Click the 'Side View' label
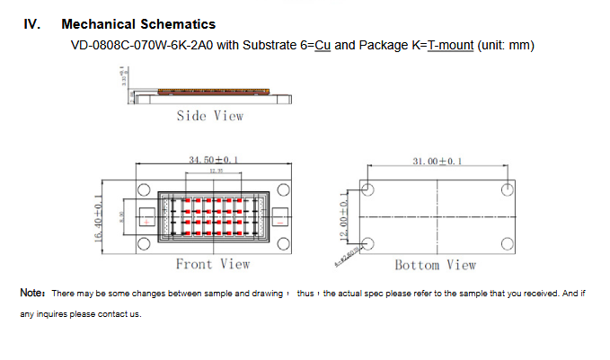(209, 116)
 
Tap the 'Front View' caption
(213, 264)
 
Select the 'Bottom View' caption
(436, 265)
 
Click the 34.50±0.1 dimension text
(212, 160)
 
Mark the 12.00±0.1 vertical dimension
(341, 215)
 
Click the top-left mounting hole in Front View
(142, 189)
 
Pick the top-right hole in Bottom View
(507, 189)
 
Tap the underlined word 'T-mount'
(450, 44)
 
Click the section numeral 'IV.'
(31, 24)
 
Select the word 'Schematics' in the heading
(180, 24)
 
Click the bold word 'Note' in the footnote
(31, 294)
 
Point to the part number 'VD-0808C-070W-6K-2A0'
(136, 44)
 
